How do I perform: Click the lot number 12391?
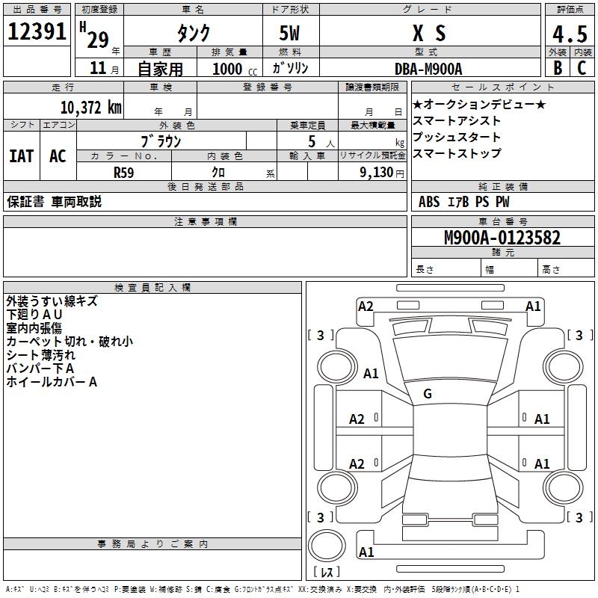[37, 33]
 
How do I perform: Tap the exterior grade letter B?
[557, 67]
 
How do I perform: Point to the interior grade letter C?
[582, 67]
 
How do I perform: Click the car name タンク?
[192, 33]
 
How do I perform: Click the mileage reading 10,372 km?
[90, 108]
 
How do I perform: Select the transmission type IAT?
[21, 156]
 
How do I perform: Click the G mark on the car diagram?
[428, 393]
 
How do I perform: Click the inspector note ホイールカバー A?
[52, 382]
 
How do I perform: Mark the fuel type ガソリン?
[291, 69]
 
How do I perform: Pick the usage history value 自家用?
[160, 69]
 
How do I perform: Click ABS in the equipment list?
[429, 202]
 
